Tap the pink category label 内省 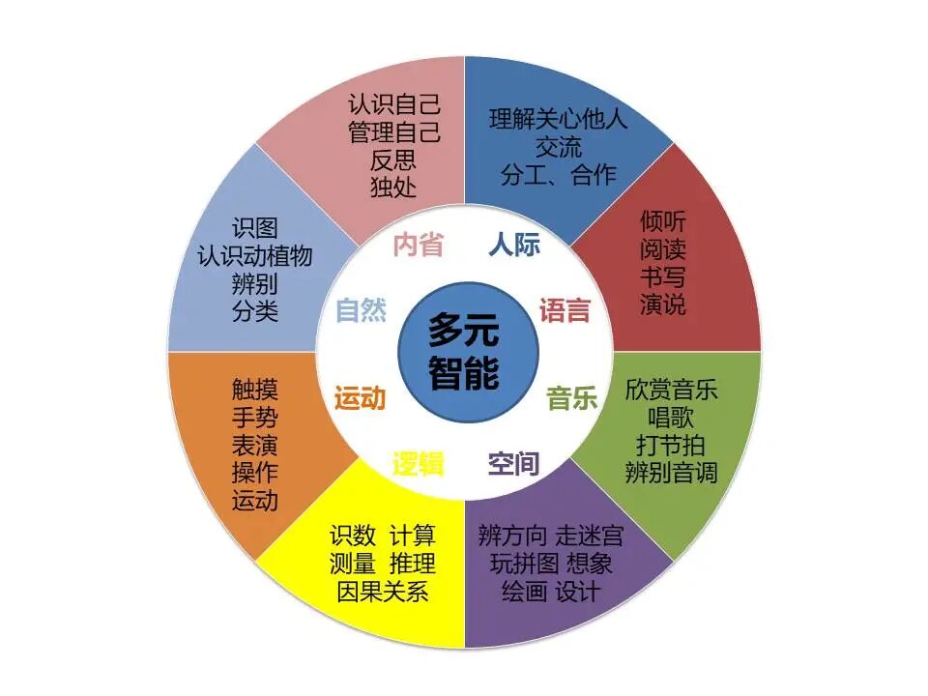pos(418,245)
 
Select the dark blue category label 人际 pos(514,245)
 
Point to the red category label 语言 pos(565,310)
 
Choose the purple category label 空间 pos(513,464)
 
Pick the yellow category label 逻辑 pos(418,464)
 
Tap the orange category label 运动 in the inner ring pos(360,397)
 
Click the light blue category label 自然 pos(361,310)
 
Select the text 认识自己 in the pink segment pos(394,104)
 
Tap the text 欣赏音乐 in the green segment pos(671,391)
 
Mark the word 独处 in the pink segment pos(394,187)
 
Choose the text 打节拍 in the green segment pos(671,446)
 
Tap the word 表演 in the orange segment pos(254,445)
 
